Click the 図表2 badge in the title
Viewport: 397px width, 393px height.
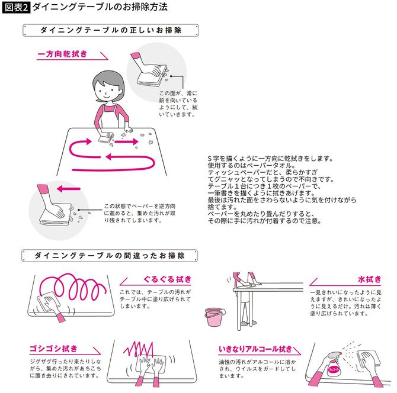pyautogui.click(x=16, y=8)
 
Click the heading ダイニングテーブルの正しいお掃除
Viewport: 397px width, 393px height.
pyautogui.click(x=110, y=30)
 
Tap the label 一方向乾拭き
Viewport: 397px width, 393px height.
pyautogui.click(x=62, y=54)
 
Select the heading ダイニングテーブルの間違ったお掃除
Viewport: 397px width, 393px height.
pyautogui.click(x=110, y=256)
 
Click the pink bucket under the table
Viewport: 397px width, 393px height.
pyautogui.click(x=213, y=318)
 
